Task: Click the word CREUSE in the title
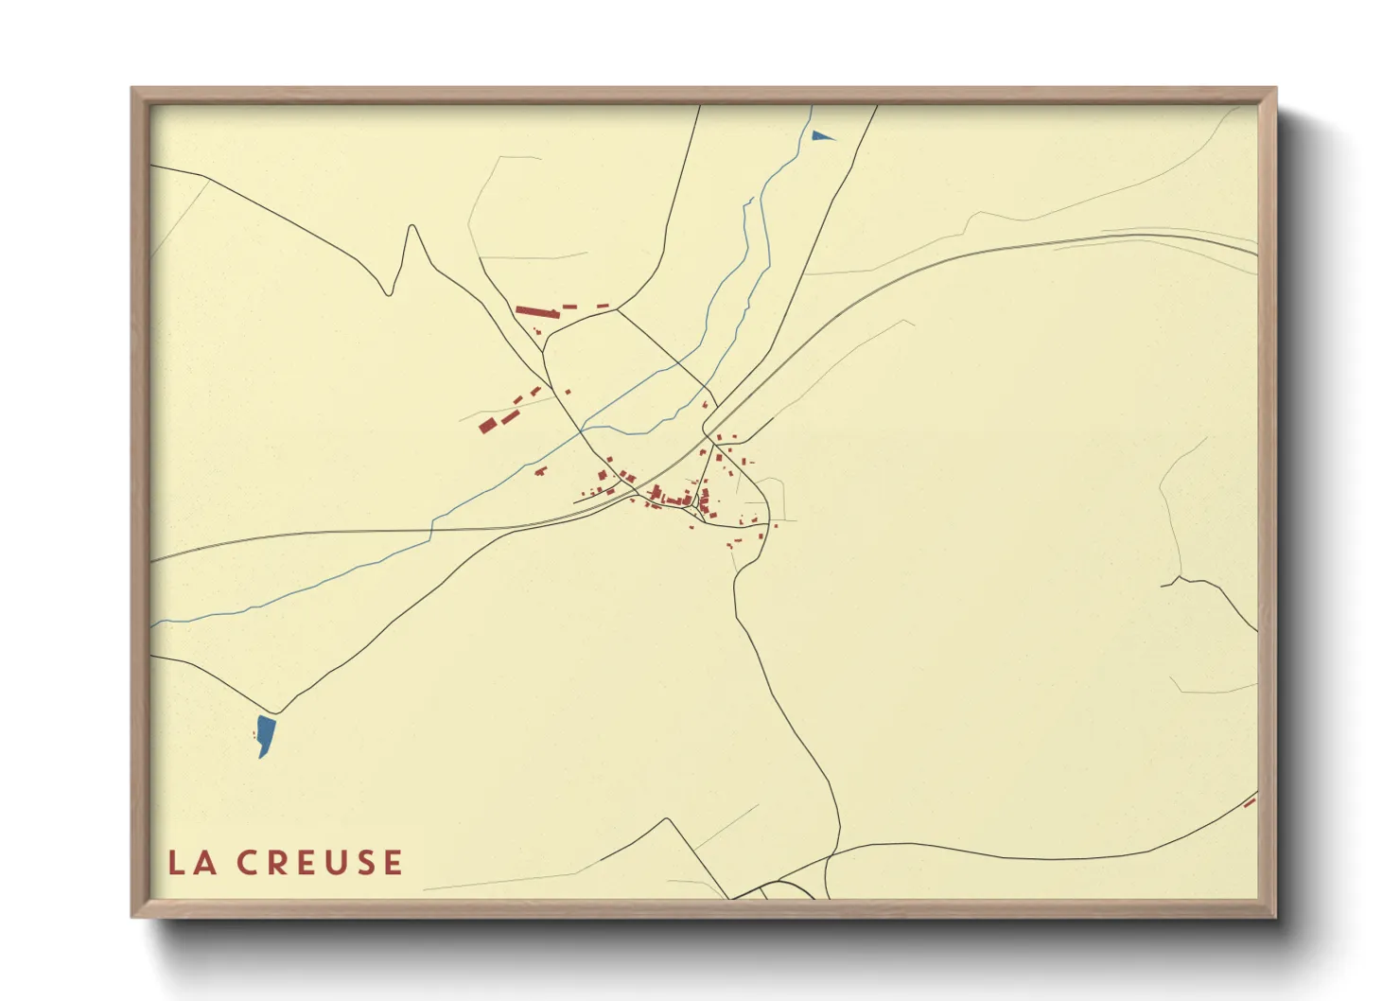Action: coord(320,863)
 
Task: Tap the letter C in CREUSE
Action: coord(248,863)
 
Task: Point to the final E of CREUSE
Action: coord(393,863)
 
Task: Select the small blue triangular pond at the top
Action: coord(821,136)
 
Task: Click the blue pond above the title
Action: coord(266,735)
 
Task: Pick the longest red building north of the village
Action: coord(537,311)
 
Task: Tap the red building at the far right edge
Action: coord(1250,802)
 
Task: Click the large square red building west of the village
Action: coord(487,426)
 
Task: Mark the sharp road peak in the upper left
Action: coord(411,226)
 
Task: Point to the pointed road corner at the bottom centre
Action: coord(669,819)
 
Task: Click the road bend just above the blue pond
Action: coord(275,712)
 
